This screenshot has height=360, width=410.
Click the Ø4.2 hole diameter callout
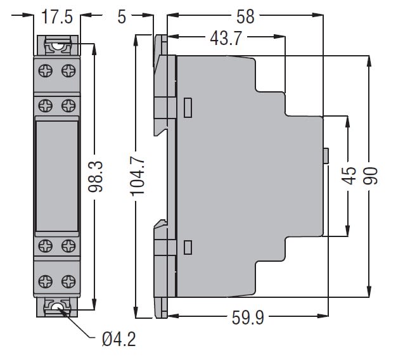pyautogui.click(x=119, y=339)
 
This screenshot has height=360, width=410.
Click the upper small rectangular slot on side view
pyautogui.click(x=188, y=107)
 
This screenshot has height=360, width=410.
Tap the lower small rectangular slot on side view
pyautogui.click(x=188, y=247)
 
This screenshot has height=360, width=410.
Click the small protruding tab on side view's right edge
pyautogui.click(x=326, y=156)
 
